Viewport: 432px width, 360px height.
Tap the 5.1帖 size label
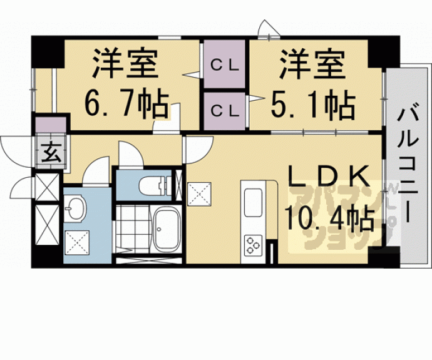[x=313, y=103]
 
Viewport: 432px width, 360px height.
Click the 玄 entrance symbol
[x=50, y=152]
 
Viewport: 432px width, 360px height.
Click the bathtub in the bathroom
[x=168, y=228]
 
